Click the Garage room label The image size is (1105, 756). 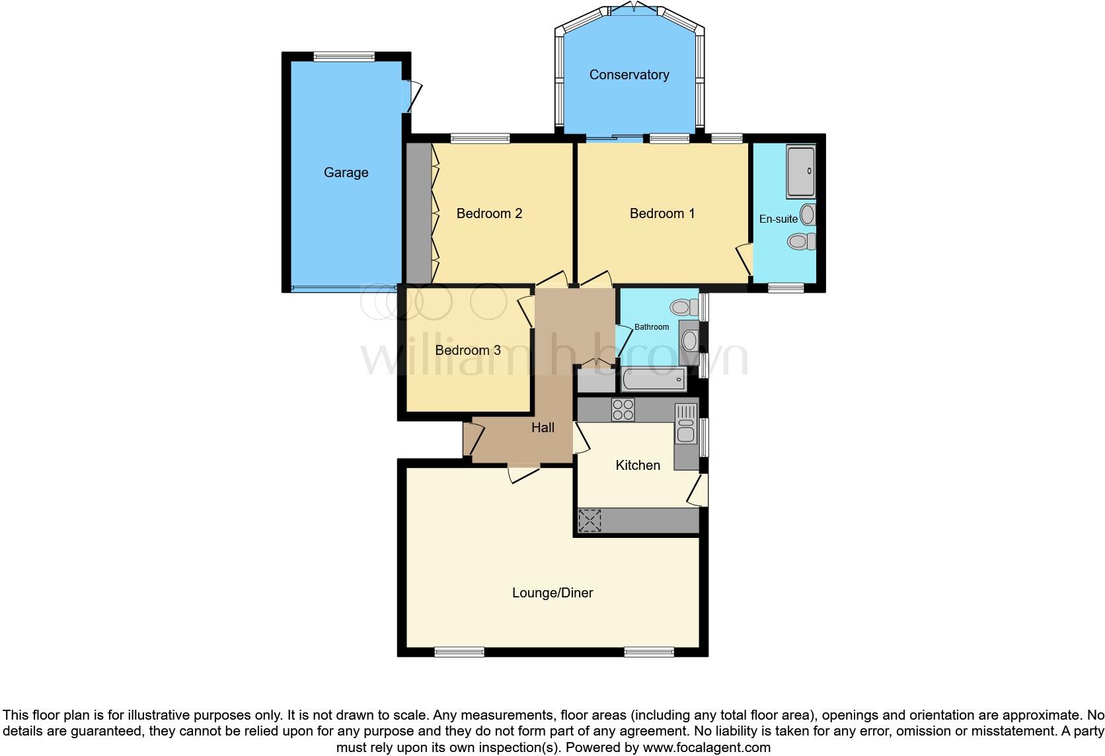[346, 172]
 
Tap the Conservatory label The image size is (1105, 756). [629, 75]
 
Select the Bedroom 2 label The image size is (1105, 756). [489, 213]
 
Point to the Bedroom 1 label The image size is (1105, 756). [662, 213]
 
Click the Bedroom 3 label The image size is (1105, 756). [467, 350]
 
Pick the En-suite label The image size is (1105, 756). [778, 219]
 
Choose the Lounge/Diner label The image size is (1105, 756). [552, 593]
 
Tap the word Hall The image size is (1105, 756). [543, 428]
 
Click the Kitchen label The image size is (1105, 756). [638, 465]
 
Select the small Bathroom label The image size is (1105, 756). [652, 327]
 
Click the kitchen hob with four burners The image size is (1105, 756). [623, 410]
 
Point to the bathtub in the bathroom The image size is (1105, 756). [653, 380]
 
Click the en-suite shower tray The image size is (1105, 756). [800, 171]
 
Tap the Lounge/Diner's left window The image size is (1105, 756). [459, 652]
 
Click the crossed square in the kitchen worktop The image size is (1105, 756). [590, 520]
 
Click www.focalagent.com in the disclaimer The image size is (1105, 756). [706, 747]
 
